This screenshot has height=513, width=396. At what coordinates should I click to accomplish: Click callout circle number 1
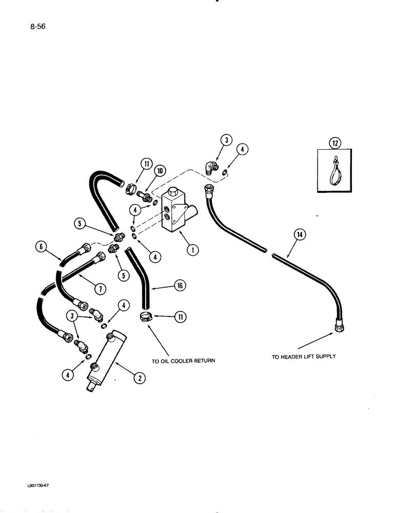point(192,250)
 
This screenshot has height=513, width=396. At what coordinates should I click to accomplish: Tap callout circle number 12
point(335,143)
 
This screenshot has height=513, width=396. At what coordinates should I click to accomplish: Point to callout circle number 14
point(299,235)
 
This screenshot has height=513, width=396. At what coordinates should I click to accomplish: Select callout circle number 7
point(101,289)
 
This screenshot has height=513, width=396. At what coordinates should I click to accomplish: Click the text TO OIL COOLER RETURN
point(183,361)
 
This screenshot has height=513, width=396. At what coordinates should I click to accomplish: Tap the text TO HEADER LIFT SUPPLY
point(304,356)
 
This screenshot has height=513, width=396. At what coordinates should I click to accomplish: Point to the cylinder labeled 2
point(106,359)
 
